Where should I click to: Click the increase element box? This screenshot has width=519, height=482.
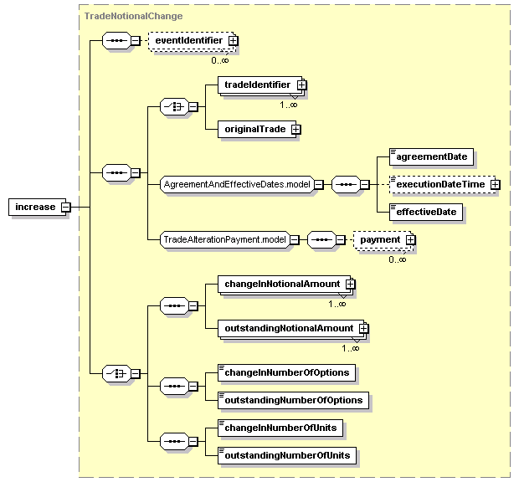37,207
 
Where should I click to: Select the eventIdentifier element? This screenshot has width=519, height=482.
192,41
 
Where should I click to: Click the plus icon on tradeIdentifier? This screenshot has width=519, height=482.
301,85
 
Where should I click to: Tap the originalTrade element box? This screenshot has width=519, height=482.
257,130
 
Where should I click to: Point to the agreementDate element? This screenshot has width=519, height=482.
431,156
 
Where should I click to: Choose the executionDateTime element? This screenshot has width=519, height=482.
443,184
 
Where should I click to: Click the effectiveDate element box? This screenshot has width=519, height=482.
425,212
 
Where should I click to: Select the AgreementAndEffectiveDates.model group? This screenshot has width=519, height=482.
237,184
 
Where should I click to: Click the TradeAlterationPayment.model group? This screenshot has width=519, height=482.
224,239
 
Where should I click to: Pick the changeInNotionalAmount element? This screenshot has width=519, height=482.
284,285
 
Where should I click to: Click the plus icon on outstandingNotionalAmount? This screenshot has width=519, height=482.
363,329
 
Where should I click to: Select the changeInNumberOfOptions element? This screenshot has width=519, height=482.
286,373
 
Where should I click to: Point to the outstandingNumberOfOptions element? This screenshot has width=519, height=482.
293,400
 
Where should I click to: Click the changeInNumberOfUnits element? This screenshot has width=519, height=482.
280,428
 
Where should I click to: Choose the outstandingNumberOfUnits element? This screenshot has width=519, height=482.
286,456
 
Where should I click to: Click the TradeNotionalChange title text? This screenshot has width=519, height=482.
133,16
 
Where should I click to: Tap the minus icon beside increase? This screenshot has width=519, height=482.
66,208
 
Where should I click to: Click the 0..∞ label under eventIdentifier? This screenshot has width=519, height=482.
220,60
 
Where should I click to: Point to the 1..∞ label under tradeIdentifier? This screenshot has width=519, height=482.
289,105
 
